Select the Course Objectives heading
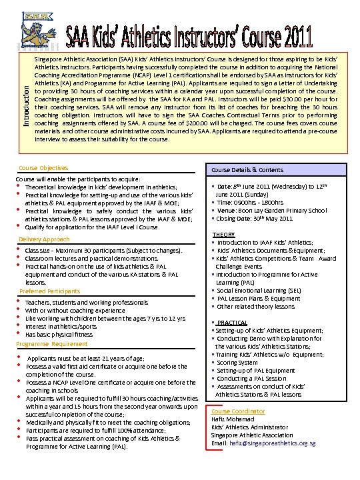pos(43,168)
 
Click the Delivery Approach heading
pos(44,239)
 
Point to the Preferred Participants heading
pos(49,291)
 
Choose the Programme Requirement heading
pos(51,344)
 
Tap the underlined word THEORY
pos(224,235)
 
